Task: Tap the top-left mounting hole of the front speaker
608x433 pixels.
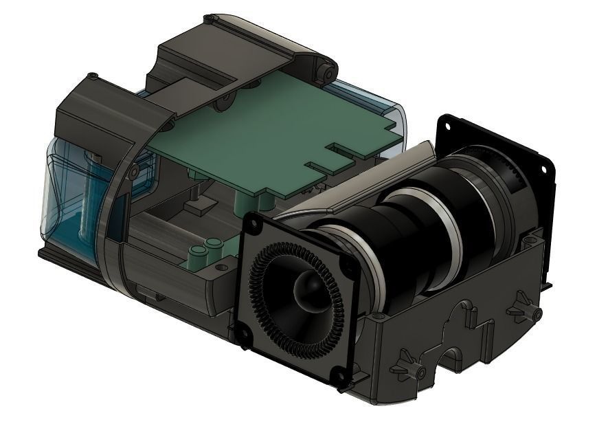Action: (x=251, y=224)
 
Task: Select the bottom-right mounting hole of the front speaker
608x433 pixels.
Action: (x=339, y=375)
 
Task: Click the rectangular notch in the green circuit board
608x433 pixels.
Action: (x=347, y=148)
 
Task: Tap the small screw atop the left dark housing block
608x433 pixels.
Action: (x=92, y=76)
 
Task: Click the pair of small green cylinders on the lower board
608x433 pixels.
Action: (x=206, y=247)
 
